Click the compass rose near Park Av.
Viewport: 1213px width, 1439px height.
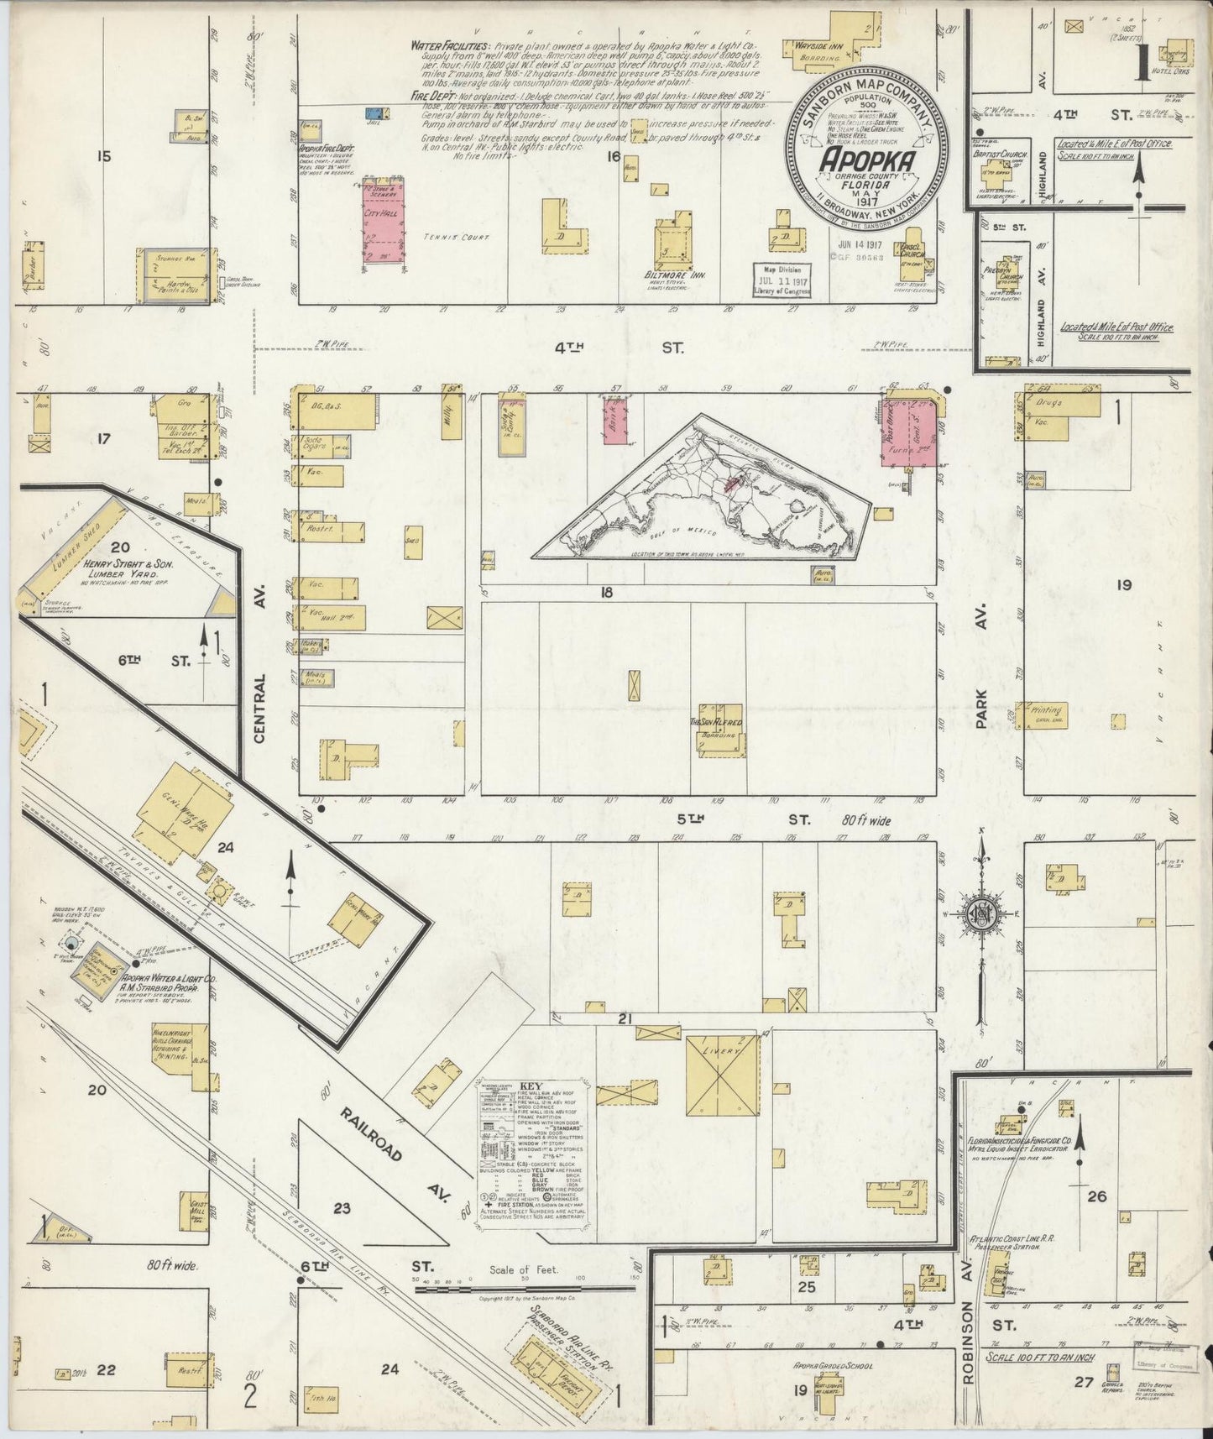[x=981, y=916]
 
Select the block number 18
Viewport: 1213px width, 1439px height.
[x=606, y=593]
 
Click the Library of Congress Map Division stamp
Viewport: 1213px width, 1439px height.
[x=781, y=276]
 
